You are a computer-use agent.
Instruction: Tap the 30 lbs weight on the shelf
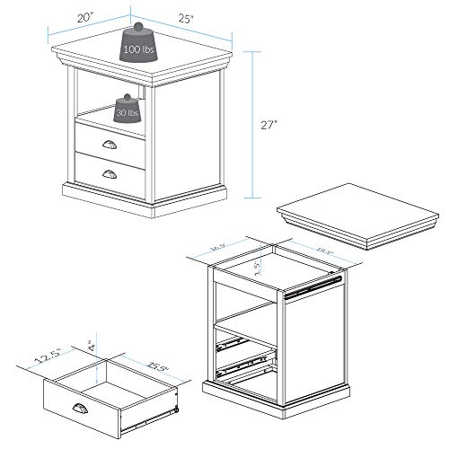click(x=128, y=111)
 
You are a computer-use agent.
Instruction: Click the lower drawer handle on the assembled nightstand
click(x=110, y=172)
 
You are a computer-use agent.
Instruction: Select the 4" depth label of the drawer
click(x=91, y=343)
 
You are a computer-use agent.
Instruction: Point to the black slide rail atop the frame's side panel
click(x=314, y=286)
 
